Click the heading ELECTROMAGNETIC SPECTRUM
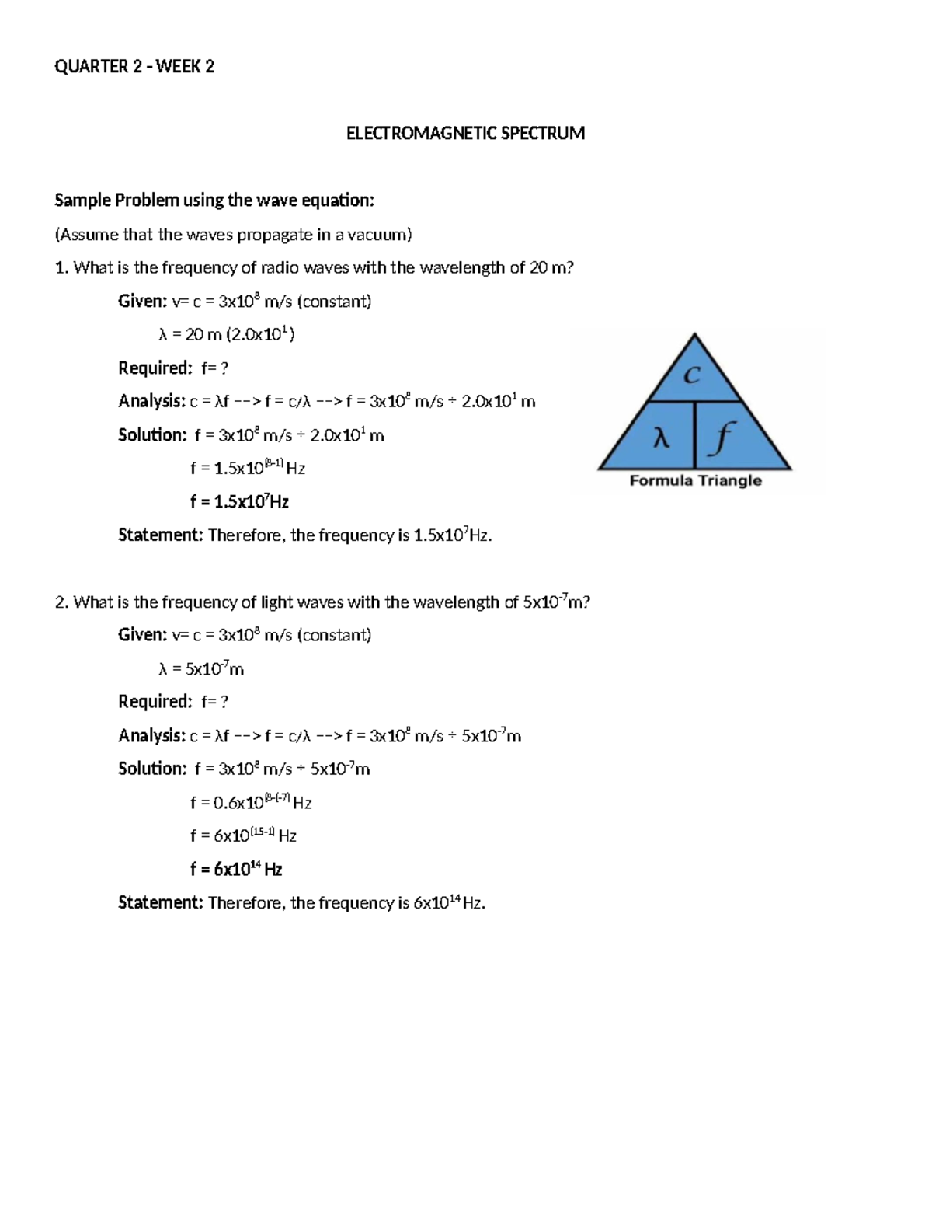coord(465,134)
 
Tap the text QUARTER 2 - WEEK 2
coord(134,67)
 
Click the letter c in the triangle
coord(691,375)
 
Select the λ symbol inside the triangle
coord(660,440)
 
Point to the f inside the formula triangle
coord(722,440)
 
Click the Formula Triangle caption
coord(695,481)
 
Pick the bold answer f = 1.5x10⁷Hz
coord(239,502)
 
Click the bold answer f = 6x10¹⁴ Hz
coord(236,870)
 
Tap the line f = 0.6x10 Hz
coord(251,803)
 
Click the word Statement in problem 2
coord(160,903)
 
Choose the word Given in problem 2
coord(142,636)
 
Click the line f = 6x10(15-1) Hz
coord(243,836)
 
